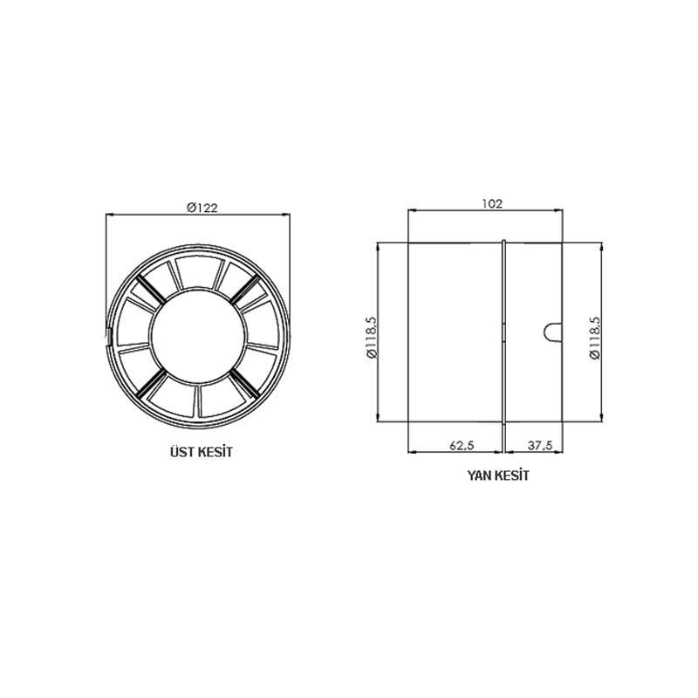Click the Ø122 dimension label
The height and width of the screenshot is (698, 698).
(202, 207)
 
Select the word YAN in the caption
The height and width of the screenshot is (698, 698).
(480, 476)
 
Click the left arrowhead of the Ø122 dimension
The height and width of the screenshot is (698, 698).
(109, 213)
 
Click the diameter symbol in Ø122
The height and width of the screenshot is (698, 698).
(190, 207)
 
